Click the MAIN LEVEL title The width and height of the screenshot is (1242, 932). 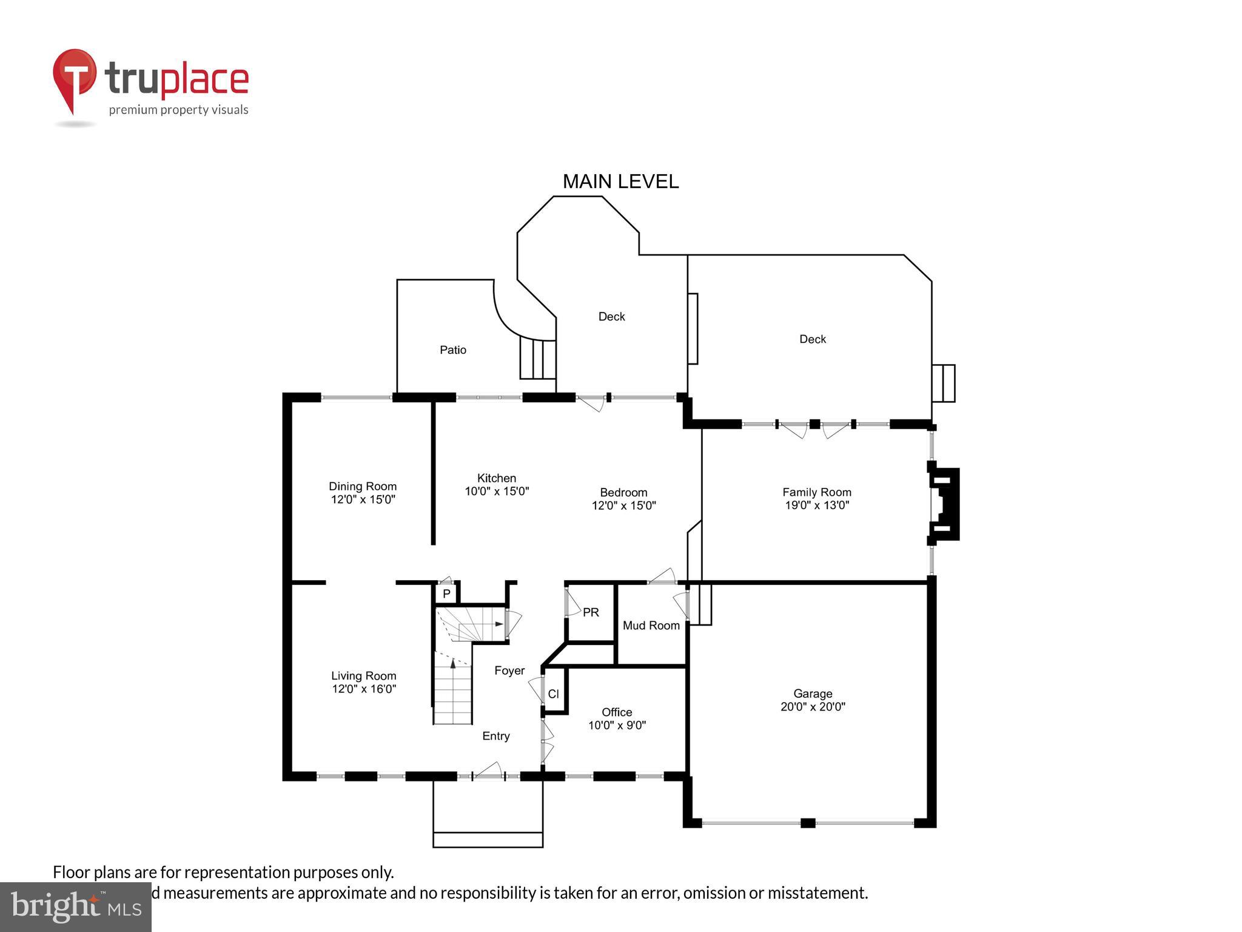[x=620, y=181]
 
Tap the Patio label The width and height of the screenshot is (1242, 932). [x=453, y=350]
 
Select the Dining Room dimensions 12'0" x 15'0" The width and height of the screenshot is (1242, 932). [x=363, y=500]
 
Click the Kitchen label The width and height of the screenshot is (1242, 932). [x=496, y=478]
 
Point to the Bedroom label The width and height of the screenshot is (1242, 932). [x=623, y=492]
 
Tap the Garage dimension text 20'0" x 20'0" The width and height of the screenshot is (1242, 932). [x=813, y=707]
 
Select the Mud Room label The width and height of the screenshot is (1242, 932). [x=651, y=626]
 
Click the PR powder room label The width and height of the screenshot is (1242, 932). [x=591, y=613]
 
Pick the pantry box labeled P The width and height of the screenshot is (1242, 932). [x=446, y=594]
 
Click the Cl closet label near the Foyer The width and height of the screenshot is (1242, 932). [x=553, y=694]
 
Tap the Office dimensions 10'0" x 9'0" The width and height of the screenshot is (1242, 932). [x=617, y=726]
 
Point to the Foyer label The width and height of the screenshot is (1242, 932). [x=509, y=670]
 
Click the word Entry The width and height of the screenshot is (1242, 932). [x=495, y=736]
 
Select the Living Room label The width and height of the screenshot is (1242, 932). [x=363, y=676]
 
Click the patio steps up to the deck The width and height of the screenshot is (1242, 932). [x=538, y=359]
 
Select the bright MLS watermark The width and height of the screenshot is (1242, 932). [x=75, y=907]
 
